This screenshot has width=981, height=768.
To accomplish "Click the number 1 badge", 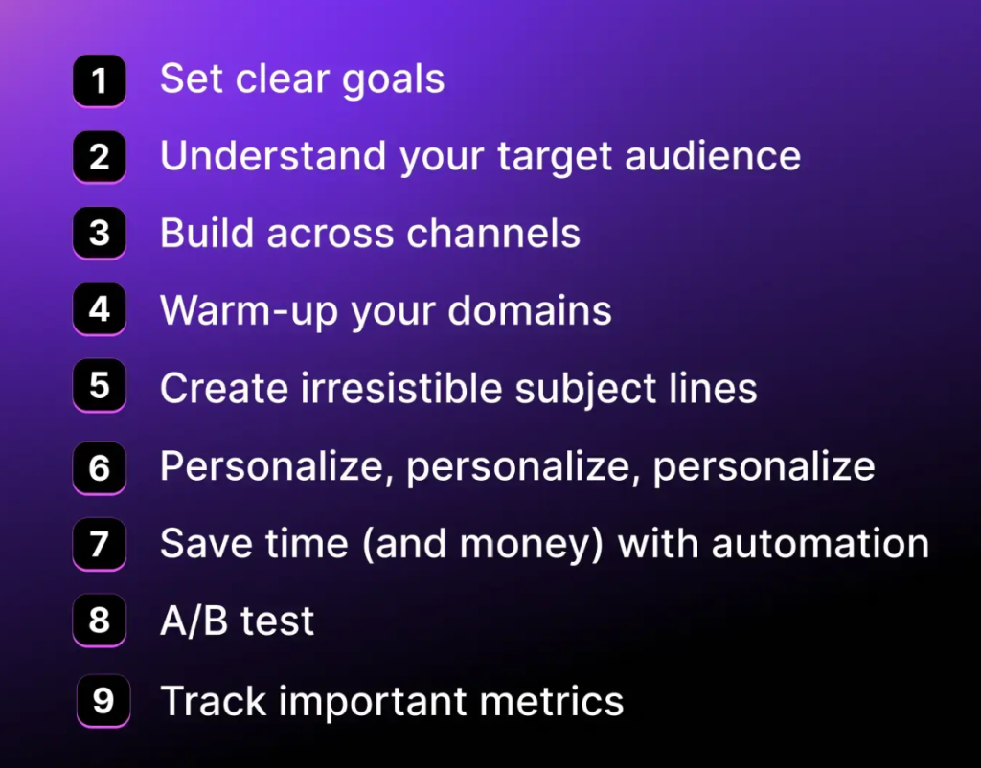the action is (100, 80).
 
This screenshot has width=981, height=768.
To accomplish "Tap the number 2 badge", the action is (100, 157).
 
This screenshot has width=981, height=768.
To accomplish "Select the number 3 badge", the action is (100, 234).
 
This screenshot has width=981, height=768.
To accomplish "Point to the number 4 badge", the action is (100, 309).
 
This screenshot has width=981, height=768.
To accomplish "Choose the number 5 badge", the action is (100, 386).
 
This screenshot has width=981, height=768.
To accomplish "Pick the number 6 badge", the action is (100, 468).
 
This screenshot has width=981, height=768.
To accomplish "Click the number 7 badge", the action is (100, 544).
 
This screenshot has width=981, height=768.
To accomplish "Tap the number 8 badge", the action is (100, 621).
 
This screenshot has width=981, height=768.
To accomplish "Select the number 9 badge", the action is (103, 700).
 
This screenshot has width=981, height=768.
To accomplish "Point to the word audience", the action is (713, 156).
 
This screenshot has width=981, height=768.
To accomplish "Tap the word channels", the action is (493, 234).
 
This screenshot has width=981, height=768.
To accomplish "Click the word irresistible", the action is (401, 388).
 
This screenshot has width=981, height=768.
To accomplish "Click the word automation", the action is (820, 544).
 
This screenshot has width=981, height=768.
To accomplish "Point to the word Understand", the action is (273, 156).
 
